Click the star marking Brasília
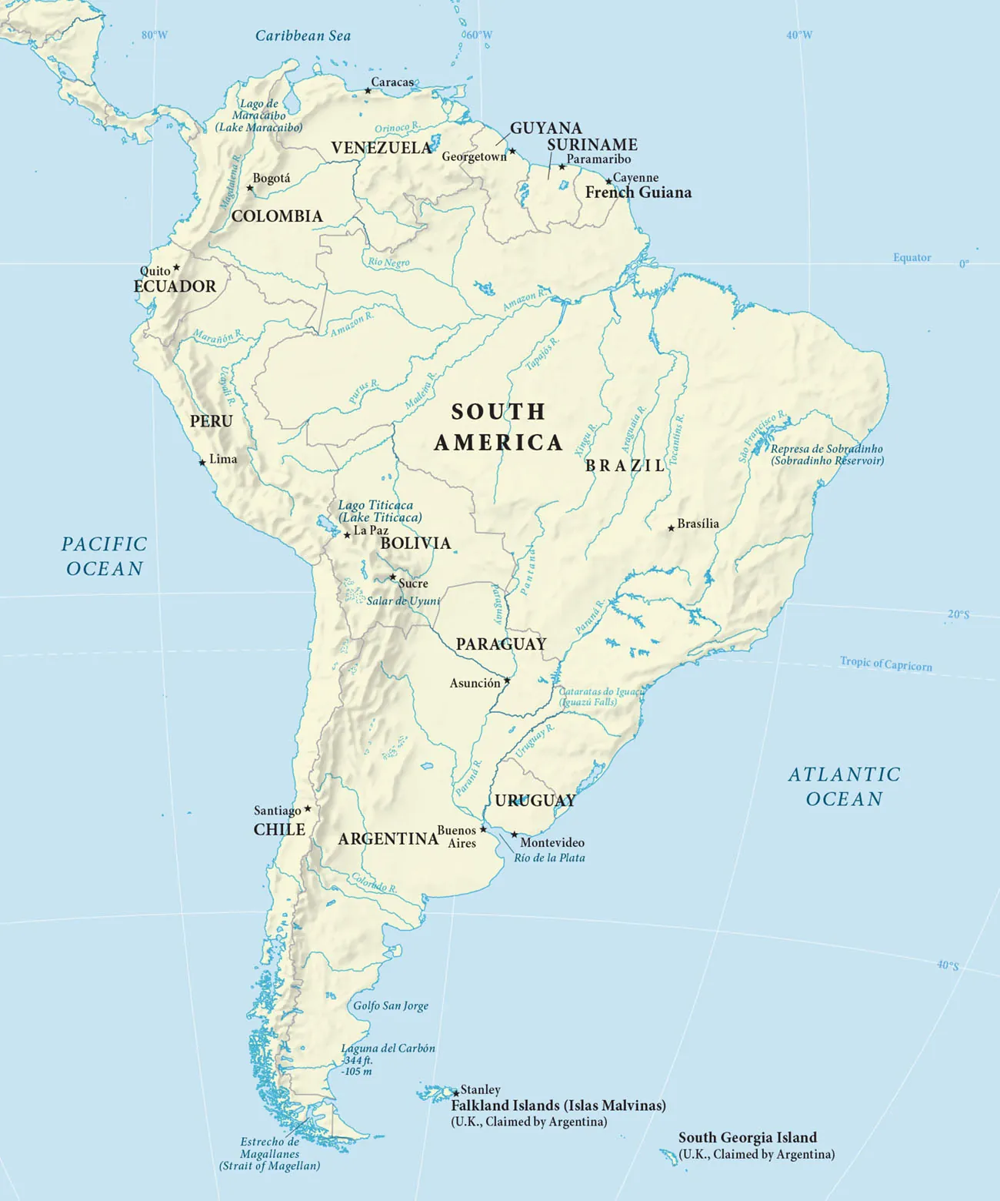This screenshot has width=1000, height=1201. point(671,528)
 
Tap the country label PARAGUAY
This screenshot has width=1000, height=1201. point(501,644)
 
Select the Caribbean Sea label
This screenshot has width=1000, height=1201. point(303,36)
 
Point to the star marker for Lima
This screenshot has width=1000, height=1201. point(202,463)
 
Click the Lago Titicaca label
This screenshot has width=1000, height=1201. point(376,506)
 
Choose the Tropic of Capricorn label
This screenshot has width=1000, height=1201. point(885,664)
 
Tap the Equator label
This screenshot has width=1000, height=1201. point(912,258)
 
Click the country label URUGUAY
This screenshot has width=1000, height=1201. point(535,801)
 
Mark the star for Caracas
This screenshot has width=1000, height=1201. point(368,91)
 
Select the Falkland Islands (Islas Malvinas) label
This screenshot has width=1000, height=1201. point(558,1106)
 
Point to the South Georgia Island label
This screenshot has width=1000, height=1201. point(747,1138)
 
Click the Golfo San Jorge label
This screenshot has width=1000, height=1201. point(391,1005)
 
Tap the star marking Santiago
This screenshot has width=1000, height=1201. point(308,809)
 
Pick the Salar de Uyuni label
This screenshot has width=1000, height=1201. point(403,601)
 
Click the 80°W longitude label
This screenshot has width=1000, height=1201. point(155,35)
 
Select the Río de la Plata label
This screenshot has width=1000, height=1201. point(549,858)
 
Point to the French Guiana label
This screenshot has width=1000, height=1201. point(638,192)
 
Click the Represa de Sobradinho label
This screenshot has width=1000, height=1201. point(827,449)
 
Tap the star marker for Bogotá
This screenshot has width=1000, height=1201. point(249,188)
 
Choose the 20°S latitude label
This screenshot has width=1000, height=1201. point(958,614)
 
